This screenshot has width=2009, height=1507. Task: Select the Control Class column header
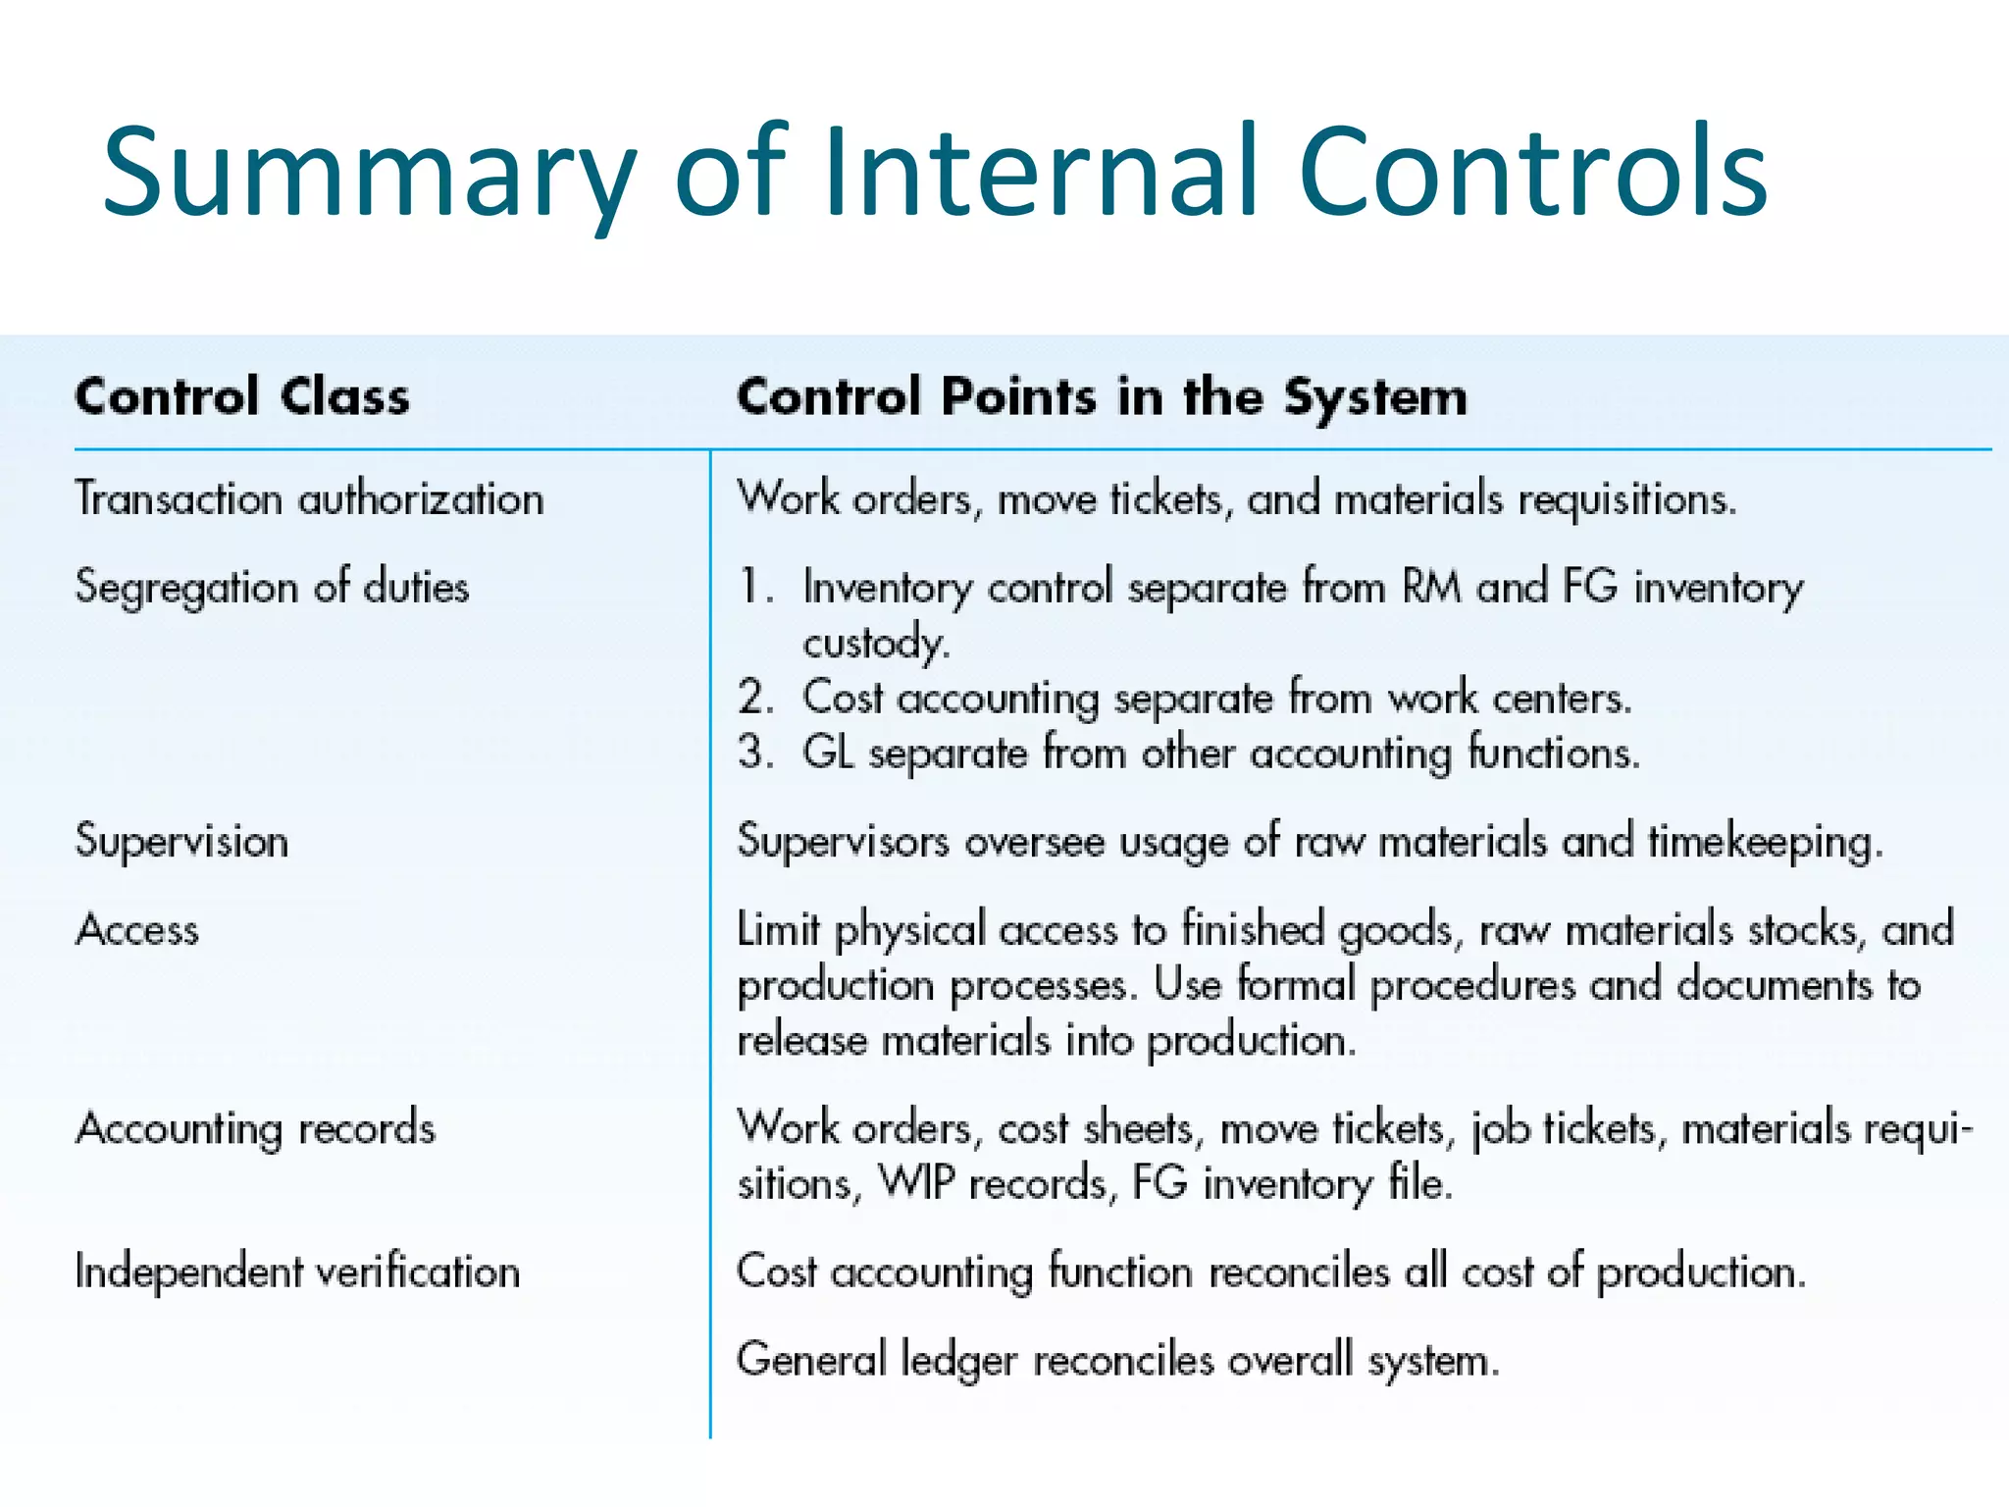pyautogui.click(x=241, y=397)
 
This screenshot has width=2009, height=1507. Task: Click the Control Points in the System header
pyautogui.click(x=1102, y=397)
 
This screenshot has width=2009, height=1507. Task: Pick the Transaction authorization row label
pyautogui.click(x=309, y=499)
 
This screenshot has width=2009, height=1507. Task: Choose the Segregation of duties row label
pyautogui.click(x=272, y=588)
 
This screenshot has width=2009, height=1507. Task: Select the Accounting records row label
pyautogui.click(x=255, y=1129)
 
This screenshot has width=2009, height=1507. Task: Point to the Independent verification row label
pyautogui.click(x=297, y=1273)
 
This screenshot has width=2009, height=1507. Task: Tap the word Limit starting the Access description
pyautogui.click(x=777, y=929)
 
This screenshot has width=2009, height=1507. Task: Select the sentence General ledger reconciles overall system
pyautogui.click(x=1117, y=1361)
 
